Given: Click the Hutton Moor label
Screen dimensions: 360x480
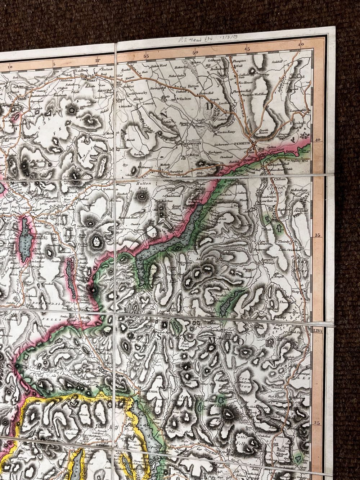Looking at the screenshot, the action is [144, 185].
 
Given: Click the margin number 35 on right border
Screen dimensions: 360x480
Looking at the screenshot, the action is [317, 235].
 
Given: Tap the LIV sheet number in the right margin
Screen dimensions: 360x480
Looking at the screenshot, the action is [318, 328].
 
